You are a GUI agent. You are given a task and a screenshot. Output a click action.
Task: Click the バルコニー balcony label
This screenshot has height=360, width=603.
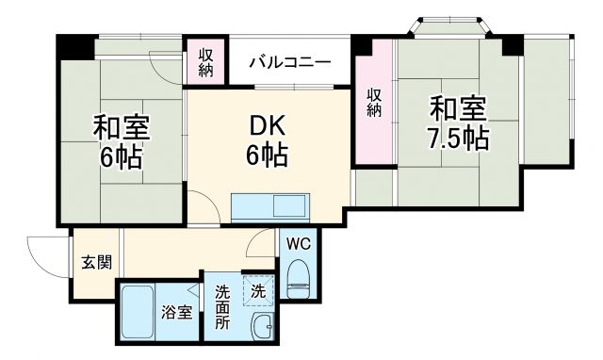click(289, 63)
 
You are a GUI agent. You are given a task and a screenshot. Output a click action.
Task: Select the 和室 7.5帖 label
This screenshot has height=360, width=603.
click(459, 123)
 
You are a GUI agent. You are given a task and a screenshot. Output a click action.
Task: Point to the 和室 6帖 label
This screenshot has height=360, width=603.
click(122, 141)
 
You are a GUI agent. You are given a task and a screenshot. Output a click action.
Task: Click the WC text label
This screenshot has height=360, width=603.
click(299, 243)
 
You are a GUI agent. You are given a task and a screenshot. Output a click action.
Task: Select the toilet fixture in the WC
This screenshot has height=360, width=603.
click(298, 277)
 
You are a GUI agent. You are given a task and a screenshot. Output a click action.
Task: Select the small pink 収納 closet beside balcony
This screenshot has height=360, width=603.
click(206, 61)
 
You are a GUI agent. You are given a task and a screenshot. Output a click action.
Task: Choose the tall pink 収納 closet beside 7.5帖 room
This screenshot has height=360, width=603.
click(374, 104)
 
